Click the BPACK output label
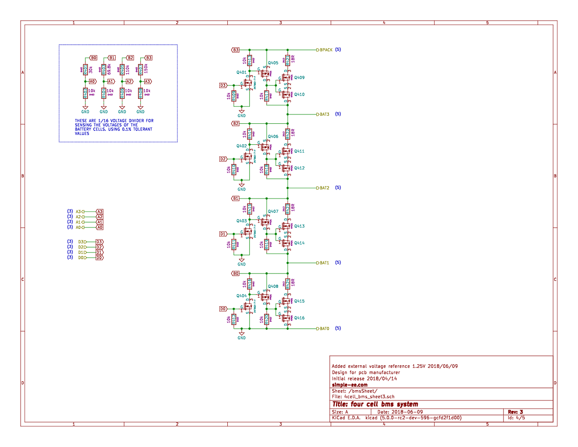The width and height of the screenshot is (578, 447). [x=326, y=50]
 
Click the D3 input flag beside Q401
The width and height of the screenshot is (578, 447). [x=223, y=85]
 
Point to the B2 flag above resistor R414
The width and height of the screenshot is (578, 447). [x=235, y=123]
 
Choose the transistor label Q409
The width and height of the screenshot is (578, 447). [x=299, y=78]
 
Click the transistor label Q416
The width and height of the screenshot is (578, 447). [x=299, y=318]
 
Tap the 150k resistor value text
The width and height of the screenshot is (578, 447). [x=146, y=69]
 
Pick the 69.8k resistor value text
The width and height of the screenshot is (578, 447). [x=109, y=69]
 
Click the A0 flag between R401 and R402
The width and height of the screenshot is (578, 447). [x=92, y=82]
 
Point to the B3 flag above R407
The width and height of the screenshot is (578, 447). [x=148, y=58]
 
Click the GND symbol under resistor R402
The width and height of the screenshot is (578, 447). [x=85, y=110]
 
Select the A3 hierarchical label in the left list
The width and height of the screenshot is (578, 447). [x=78, y=211]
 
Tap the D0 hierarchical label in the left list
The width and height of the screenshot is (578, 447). [x=82, y=258]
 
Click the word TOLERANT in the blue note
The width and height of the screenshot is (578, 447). [x=142, y=129]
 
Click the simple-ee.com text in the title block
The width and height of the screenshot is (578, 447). [x=350, y=385]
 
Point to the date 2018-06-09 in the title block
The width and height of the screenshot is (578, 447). [x=406, y=412]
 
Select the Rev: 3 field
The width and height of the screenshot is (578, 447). [x=515, y=412]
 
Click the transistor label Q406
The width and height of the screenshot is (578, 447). [x=273, y=137]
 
